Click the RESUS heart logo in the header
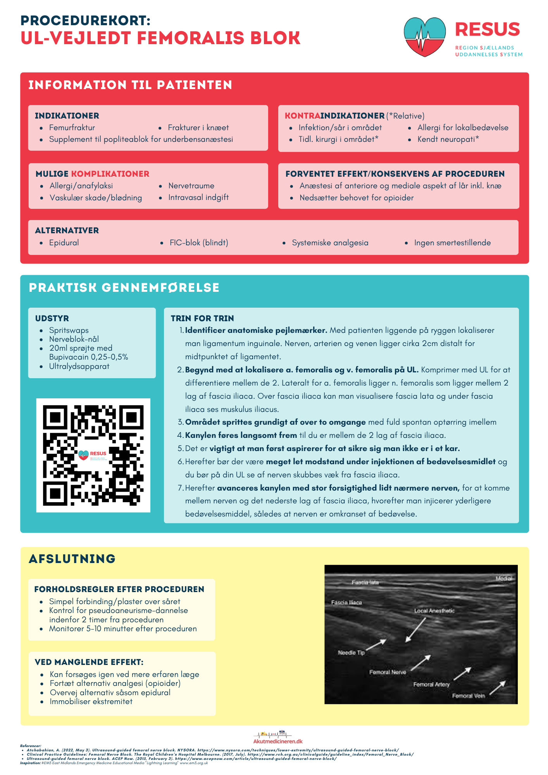pos(424,37)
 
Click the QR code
pos(93,455)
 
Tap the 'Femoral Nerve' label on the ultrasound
pos(387,672)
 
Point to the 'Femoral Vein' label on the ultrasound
pos(468,696)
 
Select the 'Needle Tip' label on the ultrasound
pos(351,653)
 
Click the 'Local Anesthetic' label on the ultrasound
pos(434,611)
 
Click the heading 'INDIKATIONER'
pos(67,115)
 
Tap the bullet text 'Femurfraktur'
pos(72,127)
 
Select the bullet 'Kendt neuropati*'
pos(448,139)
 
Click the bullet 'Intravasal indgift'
pos(198,197)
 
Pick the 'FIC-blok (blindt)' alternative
pos(199,243)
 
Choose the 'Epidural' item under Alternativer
pos(64,243)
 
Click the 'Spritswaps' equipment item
pos(69,330)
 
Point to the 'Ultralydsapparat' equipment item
pos(79,366)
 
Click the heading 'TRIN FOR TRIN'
pos(202,318)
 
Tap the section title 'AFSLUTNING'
pos(72,558)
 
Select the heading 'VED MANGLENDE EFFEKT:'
pos(89,662)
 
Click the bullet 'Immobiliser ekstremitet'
pos(91,701)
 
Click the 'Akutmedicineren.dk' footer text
pos(278,741)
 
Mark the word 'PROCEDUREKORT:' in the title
pos(85,20)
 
